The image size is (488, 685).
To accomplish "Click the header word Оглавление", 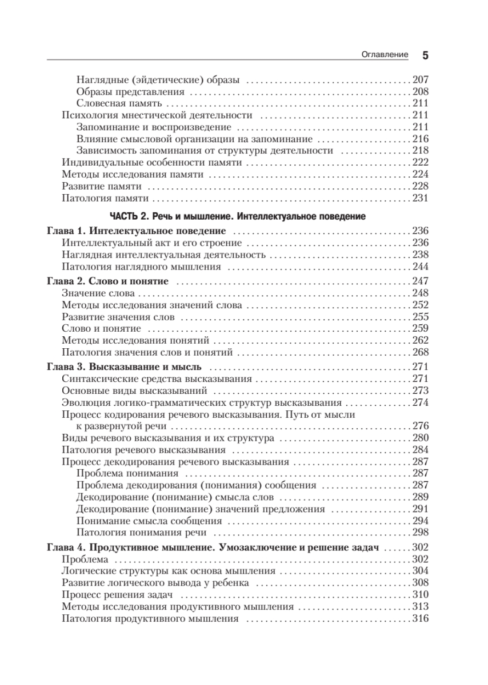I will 385,55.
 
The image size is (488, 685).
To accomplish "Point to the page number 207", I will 420,79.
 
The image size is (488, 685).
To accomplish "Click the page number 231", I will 420,198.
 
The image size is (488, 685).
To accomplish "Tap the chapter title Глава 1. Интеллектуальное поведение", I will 136,231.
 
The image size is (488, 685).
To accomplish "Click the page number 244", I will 420,267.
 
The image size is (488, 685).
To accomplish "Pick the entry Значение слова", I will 98,293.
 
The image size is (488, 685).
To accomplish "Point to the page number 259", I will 420,329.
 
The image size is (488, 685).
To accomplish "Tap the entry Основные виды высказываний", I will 134,391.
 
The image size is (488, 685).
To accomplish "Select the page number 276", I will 420,426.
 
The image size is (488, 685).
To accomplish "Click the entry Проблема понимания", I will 127,474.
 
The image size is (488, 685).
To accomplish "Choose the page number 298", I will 420,533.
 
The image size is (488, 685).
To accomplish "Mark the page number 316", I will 420,619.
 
